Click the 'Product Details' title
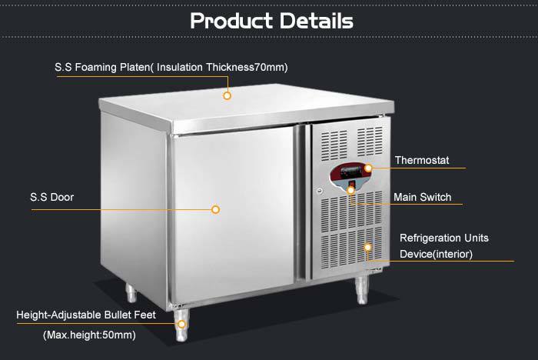pyautogui.click(x=271, y=21)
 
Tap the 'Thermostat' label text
pyautogui.click(x=422, y=160)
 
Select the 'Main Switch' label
pyautogui.click(x=423, y=197)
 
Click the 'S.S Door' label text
pyautogui.click(x=51, y=197)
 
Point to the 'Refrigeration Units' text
pyautogui.click(x=444, y=238)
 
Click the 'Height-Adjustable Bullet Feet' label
pyautogui.click(x=86, y=315)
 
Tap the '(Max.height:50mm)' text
pyautogui.click(x=90, y=335)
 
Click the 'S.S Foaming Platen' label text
pyautogui.click(x=102, y=67)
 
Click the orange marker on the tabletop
pyautogui.click(x=227, y=95)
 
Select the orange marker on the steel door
pyautogui.click(x=215, y=209)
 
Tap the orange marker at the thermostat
pyautogui.click(x=368, y=168)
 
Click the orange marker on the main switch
pyautogui.click(x=350, y=190)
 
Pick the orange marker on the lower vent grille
pyautogui.click(x=367, y=248)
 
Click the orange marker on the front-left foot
pyautogui.click(x=181, y=324)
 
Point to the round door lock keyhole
pyautogui.click(x=320, y=191)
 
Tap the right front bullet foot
pyautogui.click(x=362, y=291)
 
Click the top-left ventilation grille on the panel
pyautogui.click(x=334, y=145)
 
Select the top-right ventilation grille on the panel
pyautogui.click(x=370, y=142)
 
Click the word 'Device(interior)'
pyautogui.click(x=436, y=254)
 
